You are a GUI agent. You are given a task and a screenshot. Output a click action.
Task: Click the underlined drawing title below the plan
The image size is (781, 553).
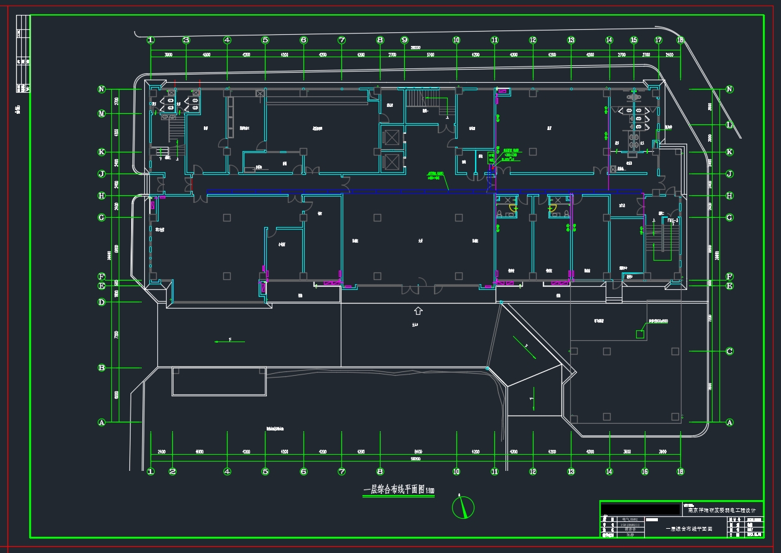coord(399,490)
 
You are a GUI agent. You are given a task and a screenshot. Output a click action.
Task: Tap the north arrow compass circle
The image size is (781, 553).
coord(463,508)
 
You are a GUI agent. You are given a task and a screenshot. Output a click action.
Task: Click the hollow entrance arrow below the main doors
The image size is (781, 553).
coord(418,310)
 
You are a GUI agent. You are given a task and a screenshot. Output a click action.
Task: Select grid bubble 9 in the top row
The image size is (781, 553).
coord(404,40)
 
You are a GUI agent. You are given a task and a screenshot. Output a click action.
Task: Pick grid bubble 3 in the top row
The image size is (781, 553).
coord(185,40)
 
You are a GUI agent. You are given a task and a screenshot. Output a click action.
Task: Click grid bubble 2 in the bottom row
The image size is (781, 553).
coord(172,472)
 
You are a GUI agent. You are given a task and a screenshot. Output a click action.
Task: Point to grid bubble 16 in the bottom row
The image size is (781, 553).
coord(645,472)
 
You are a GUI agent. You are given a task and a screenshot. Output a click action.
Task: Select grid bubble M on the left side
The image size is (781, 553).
coord(101,114)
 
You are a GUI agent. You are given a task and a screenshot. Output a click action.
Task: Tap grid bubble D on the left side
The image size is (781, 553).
coord(101,302)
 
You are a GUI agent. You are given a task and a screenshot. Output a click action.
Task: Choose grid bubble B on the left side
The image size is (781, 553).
coord(101,368)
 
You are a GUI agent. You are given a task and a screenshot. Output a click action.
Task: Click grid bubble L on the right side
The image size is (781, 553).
coord(730,125)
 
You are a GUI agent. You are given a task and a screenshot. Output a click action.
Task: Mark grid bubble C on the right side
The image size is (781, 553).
coord(730,351)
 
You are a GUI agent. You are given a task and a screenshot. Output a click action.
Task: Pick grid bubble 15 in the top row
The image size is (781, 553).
coord(634,40)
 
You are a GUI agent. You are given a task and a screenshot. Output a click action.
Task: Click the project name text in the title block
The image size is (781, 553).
coord(724,511)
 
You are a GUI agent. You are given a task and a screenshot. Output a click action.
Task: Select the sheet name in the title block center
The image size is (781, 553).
coord(688,529)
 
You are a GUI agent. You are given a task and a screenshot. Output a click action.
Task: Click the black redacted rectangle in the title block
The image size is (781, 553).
coord(641,508)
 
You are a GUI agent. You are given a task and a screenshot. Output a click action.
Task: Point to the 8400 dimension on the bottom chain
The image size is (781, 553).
coord(418,451)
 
